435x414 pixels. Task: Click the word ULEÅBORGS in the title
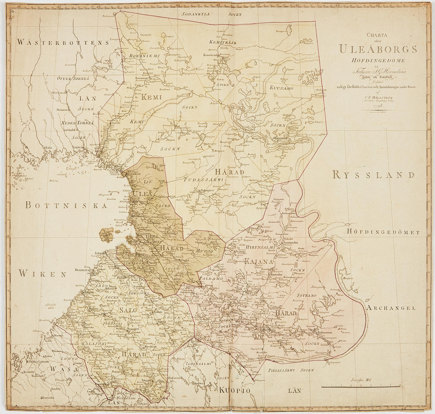coord(378,49)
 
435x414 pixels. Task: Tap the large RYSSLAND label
coord(373,175)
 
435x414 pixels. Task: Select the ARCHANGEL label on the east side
coord(391,308)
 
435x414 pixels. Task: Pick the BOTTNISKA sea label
coord(61,205)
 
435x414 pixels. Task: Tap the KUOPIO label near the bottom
coord(235,391)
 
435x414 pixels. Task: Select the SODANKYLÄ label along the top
coord(196,14)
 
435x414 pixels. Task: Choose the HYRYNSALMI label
coord(261,247)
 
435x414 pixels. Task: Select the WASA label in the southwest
coord(58,369)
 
